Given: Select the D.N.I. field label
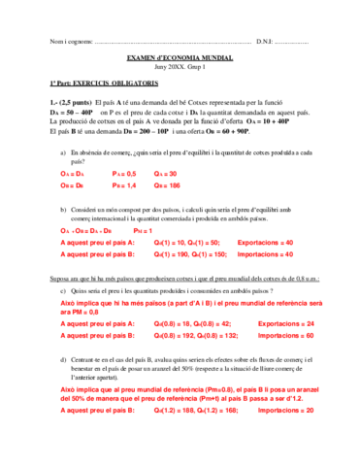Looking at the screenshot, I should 265,41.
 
